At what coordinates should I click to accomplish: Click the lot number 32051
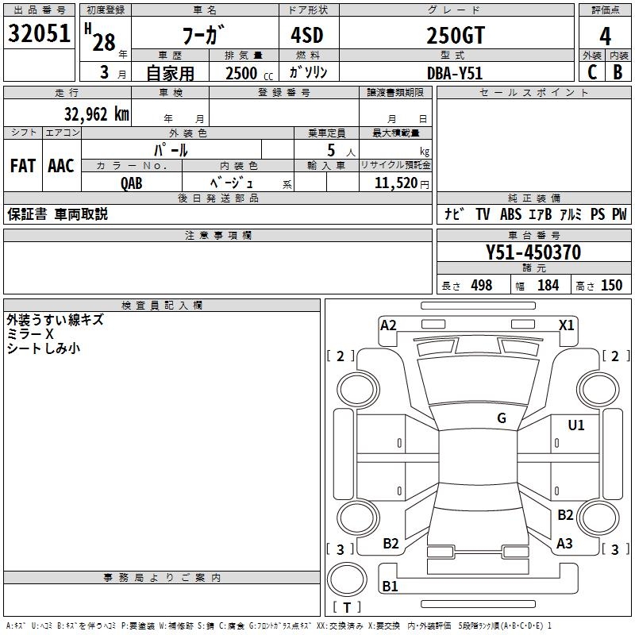[x=39, y=33]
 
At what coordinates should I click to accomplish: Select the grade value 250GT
[x=455, y=36]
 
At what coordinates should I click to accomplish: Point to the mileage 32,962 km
[x=97, y=114]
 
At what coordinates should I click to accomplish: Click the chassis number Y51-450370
[x=533, y=253]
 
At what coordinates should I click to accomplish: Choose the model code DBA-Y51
[x=455, y=72]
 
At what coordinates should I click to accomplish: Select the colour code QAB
[x=132, y=183]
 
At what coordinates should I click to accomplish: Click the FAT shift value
[x=22, y=166]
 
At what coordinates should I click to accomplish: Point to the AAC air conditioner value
[x=60, y=166]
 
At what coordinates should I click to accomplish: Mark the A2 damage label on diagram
[x=388, y=325]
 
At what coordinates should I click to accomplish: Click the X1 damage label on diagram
[x=566, y=325]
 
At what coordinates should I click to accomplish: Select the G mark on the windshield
[x=502, y=418]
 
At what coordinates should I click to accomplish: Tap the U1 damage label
[x=575, y=425]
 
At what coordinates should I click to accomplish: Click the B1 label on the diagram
[x=391, y=587]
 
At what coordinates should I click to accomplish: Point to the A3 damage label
[x=564, y=544]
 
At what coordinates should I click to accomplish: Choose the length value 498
[x=481, y=286]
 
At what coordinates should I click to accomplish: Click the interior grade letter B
[x=618, y=72]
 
